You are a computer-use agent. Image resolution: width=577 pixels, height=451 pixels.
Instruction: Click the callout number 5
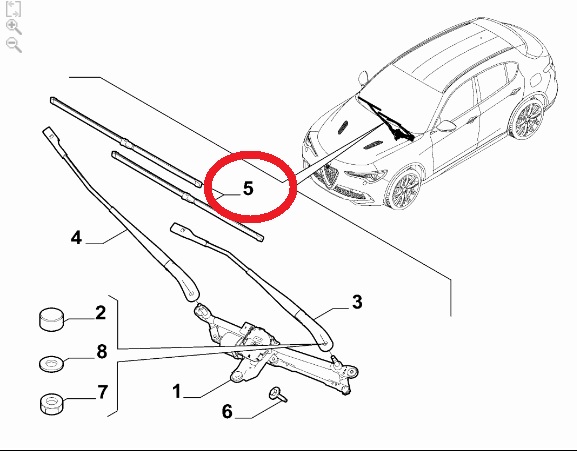248,188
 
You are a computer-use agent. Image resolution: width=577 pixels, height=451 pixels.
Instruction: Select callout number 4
76,237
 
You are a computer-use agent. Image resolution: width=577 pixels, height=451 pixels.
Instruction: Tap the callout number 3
357,302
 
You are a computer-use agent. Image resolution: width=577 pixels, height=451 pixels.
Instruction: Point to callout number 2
100,313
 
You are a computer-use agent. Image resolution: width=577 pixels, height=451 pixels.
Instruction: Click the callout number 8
102,351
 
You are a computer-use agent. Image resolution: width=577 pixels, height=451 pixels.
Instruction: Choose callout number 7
103,392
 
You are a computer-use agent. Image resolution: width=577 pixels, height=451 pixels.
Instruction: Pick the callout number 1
177,391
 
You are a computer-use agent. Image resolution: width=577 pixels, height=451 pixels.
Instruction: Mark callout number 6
227,411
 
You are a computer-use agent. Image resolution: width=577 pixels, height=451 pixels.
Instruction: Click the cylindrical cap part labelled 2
51,319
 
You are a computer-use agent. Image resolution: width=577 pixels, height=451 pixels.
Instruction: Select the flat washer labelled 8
51,364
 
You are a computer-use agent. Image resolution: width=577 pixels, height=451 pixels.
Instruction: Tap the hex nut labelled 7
51,404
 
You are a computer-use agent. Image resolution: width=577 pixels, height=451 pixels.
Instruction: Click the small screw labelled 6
278,394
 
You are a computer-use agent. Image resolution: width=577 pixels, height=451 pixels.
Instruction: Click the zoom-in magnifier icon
14,27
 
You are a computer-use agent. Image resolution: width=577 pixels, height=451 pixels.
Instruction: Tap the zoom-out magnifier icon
14,45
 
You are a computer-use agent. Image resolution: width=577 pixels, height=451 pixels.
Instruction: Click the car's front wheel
404,189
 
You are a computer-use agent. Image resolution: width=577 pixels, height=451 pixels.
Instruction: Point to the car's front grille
329,177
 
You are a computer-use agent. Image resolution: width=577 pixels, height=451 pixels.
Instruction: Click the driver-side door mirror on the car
446,126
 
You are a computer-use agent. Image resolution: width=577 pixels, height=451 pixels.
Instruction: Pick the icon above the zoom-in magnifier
13,9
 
